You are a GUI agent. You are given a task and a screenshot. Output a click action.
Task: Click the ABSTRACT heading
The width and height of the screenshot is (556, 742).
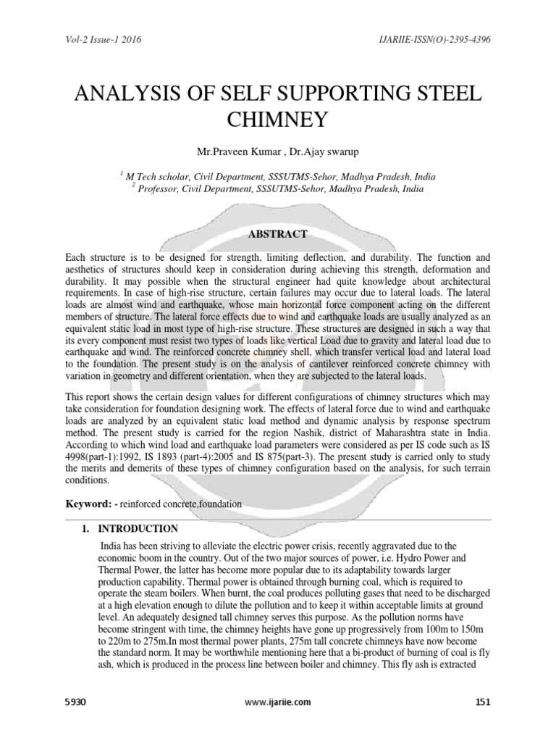pyautogui.click(x=278, y=234)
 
